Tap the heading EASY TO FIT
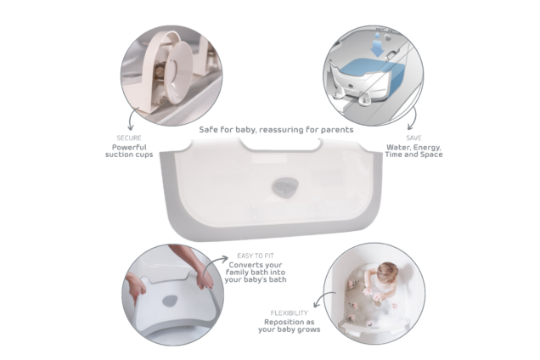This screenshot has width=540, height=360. tap(256, 254)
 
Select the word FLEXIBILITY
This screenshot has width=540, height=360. tap(290, 312)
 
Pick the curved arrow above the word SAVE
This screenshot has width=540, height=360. tap(413, 116)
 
